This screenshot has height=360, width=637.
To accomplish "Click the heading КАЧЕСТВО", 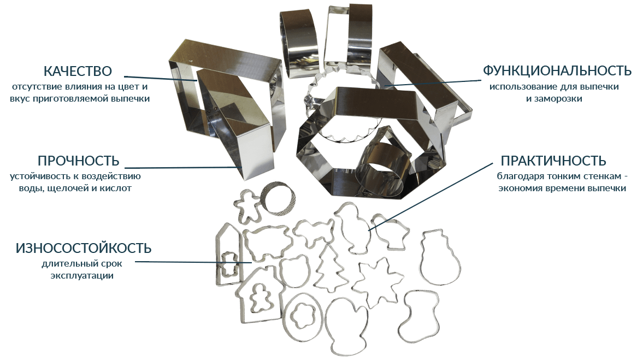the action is tap(78, 71).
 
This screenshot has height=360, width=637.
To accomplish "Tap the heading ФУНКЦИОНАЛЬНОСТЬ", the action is tap(557, 70).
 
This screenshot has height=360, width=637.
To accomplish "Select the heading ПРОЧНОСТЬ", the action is tap(79, 161).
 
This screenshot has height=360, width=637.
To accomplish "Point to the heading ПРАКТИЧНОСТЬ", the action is tap(553, 161).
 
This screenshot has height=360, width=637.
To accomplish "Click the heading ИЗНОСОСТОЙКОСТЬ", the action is tap(84, 248).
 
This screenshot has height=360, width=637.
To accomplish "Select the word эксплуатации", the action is tap(82, 276).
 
